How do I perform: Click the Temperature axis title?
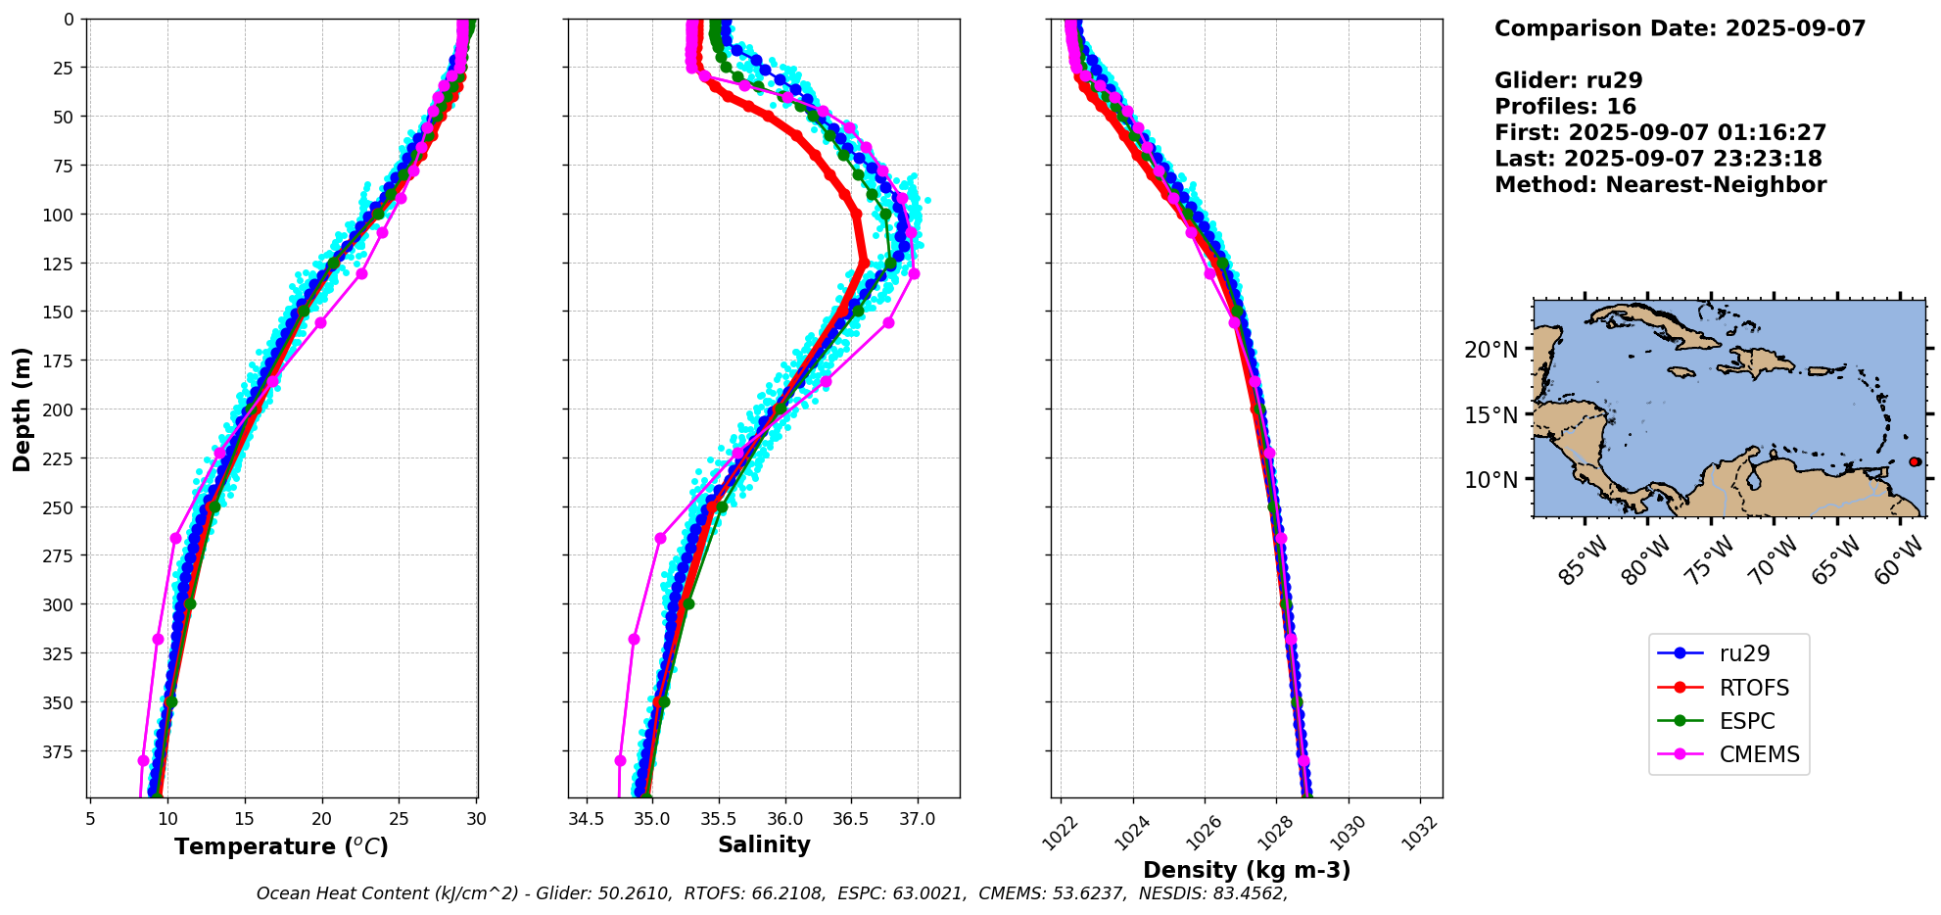(281, 846)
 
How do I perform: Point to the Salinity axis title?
(764, 844)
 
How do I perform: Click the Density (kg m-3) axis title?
(1247, 870)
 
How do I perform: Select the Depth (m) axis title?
(22, 409)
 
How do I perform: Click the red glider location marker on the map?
(1915, 461)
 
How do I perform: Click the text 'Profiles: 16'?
(1565, 107)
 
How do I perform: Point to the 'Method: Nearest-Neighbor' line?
(1660, 185)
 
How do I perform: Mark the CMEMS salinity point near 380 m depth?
(620, 760)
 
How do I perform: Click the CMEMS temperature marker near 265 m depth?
(176, 538)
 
